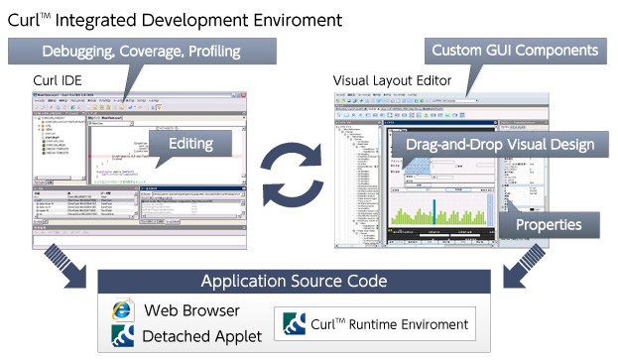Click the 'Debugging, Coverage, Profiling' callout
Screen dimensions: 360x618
(141, 51)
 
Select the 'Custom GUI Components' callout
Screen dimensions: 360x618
(512, 51)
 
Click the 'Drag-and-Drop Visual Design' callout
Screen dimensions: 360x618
(500, 145)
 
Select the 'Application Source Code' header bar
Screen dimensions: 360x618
(307, 282)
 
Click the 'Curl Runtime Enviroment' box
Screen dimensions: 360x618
(373, 323)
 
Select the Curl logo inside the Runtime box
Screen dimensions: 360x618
(295, 324)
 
